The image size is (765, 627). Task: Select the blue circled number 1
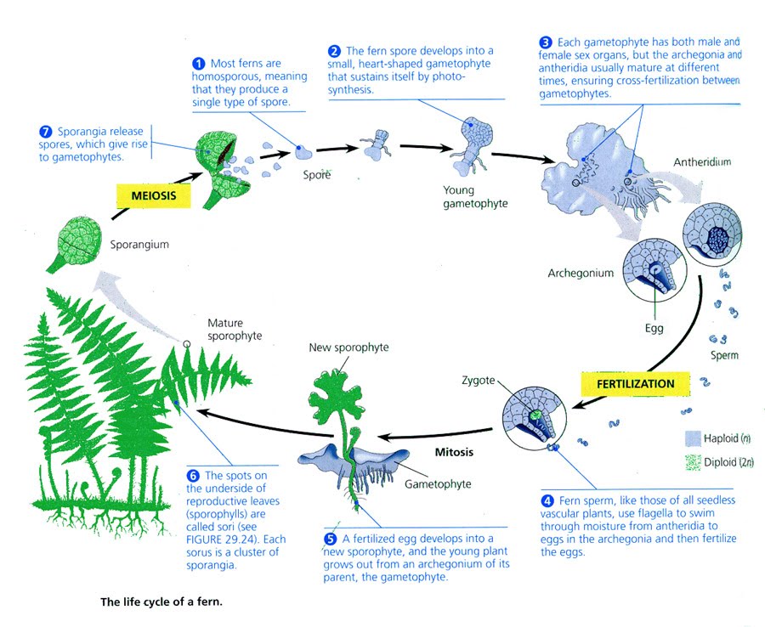click(199, 63)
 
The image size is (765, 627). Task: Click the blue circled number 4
click(547, 501)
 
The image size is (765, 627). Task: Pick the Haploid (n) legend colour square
click(692, 438)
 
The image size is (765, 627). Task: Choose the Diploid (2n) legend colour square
click(692, 464)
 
